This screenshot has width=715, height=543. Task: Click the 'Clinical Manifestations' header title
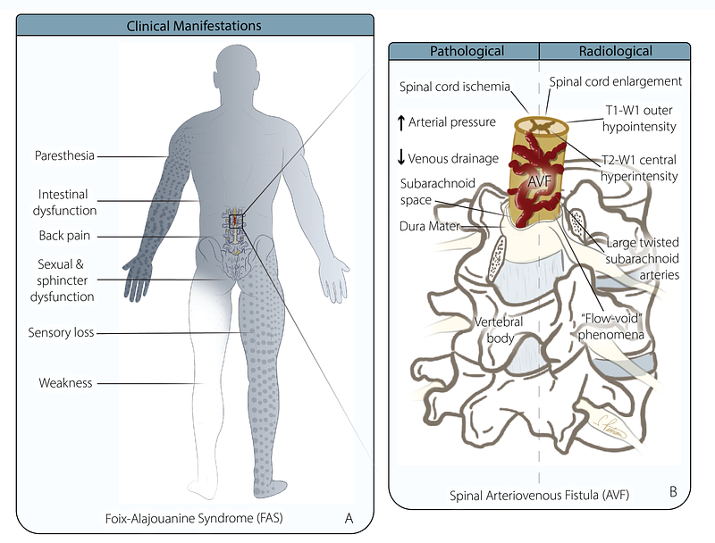coord(193,26)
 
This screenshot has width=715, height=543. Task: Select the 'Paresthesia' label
coord(63,156)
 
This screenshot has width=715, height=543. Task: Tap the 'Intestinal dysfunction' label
coord(68,202)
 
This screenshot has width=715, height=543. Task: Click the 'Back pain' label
coord(63,236)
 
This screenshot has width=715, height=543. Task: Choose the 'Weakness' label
coord(64,383)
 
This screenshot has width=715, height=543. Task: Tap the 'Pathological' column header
coord(467,52)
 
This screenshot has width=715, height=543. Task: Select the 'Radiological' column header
coord(615,52)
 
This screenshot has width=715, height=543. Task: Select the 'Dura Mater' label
coord(431,227)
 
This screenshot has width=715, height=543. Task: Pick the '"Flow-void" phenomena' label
coord(616,326)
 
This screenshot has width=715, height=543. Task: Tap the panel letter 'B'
coord(671,492)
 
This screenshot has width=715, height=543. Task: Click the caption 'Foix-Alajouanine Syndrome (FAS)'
coord(214,517)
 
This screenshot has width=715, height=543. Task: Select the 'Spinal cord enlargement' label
coord(615,81)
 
